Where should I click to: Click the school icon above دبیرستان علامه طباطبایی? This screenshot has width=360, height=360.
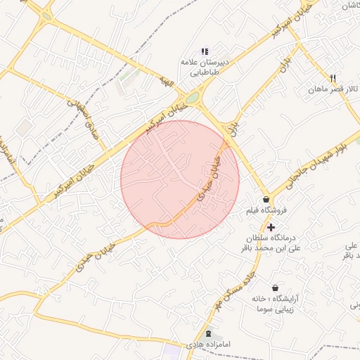pyautogui.click(x=205, y=51)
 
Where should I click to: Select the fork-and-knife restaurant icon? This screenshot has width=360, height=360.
pyautogui.click(x=333, y=78)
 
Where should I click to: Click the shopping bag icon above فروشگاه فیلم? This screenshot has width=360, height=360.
pyautogui.click(x=265, y=200)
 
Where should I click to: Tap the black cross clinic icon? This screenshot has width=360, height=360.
pyautogui.click(x=271, y=226)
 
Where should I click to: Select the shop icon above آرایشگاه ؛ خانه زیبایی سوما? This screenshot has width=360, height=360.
pyautogui.click(x=274, y=288)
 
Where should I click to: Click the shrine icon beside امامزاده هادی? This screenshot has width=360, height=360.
pyautogui.click(x=208, y=333)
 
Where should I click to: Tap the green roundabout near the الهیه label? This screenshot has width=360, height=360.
pyautogui.click(x=192, y=98)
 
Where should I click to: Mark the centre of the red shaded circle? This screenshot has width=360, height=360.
pyautogui.click(x=180, y=179)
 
